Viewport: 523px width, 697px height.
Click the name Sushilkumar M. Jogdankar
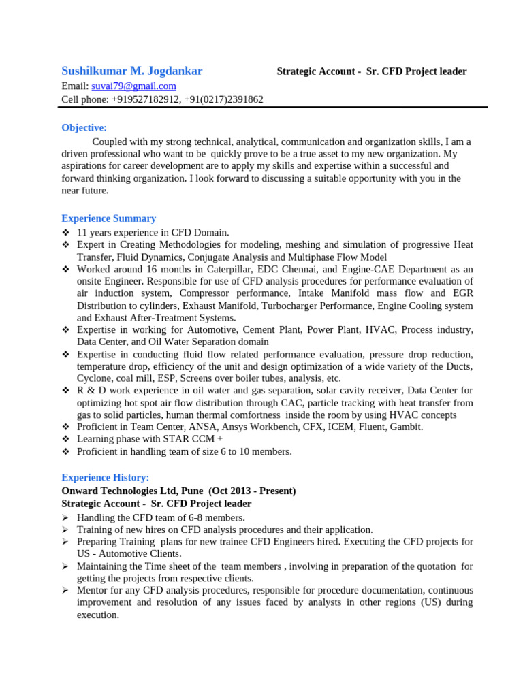(x=131, y=71)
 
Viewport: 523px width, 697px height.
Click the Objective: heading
(x=84, y=127)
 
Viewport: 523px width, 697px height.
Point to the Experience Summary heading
(x=108, y=218)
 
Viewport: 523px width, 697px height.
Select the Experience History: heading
(x=105, y=478)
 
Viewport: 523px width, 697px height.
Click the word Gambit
(x=406, y=427)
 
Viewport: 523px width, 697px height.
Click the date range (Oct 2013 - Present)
(x=252, y=491)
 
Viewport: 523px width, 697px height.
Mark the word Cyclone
(x=94, y=378)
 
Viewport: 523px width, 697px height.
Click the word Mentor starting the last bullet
(x=93, y=590)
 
